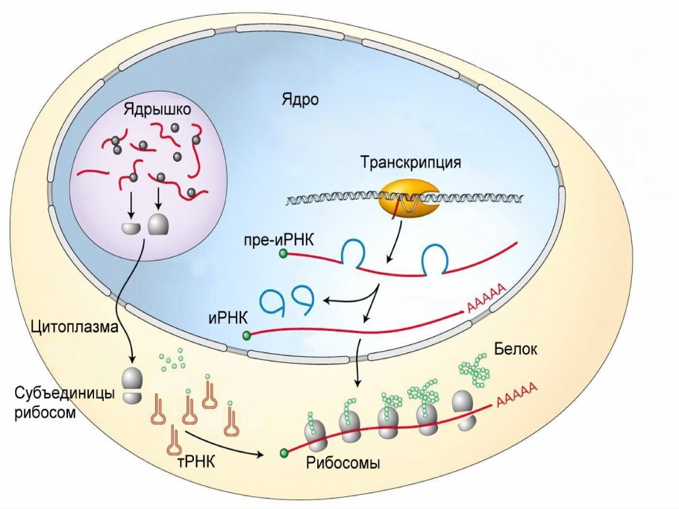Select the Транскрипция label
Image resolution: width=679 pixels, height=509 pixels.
(x=410, y=162)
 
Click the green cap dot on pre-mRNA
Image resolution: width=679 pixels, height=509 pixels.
(x=284, y=255)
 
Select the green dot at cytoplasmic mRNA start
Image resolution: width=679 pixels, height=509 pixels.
(x=284, y=452)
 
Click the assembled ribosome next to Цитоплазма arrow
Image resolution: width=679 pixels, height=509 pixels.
(x=132, y=384)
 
